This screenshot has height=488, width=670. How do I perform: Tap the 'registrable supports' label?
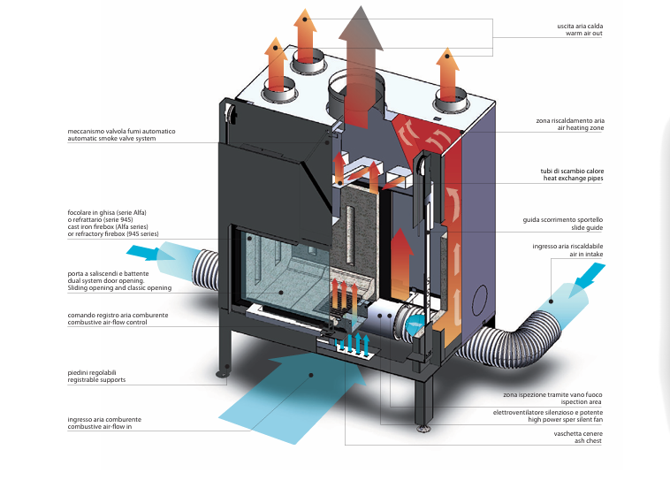96,379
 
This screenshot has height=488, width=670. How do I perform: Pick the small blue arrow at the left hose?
161,254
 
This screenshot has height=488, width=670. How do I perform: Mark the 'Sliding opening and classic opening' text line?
119,288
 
